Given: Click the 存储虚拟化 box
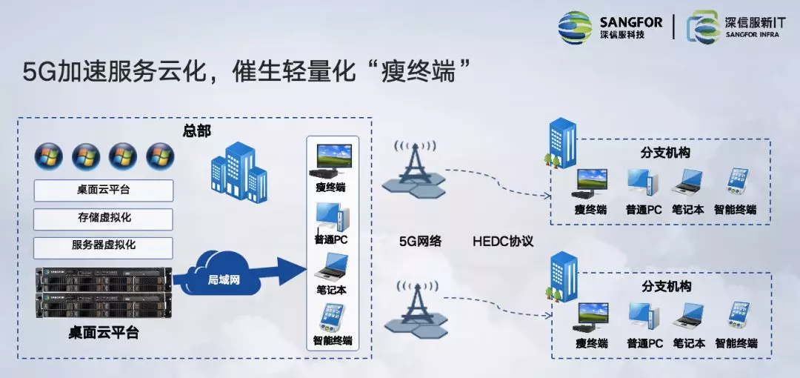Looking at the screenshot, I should [104, 219].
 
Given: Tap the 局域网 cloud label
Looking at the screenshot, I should [222, 279].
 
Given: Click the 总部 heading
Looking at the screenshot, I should [197, 131].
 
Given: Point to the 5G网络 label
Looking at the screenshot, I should [421, 242].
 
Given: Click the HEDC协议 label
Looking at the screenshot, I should [503, 242].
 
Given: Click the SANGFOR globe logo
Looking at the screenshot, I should [575, 27].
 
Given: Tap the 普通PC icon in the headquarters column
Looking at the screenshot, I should [332, 217].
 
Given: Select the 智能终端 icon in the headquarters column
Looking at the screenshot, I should [331, 319].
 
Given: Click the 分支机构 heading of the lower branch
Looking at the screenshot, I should [666, 287].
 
